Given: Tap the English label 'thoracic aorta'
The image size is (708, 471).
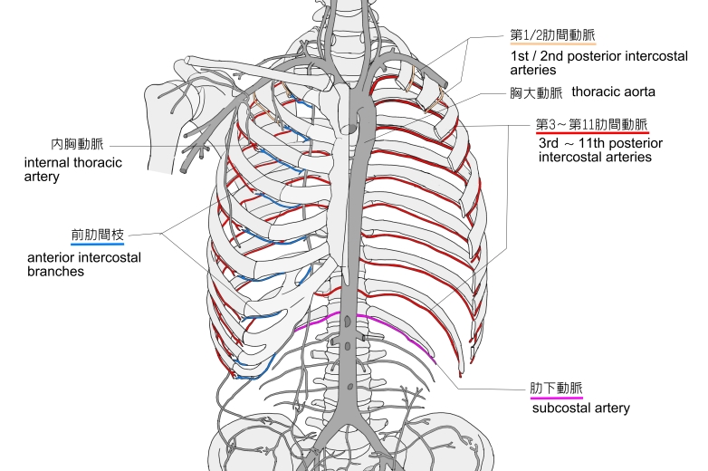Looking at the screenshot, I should tap(611, 92).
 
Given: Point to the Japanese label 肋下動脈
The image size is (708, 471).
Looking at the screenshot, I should tap(556, 388).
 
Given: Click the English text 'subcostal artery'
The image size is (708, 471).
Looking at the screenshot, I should tap(580, 409).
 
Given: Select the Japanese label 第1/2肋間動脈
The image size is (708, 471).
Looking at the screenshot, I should tap(552, 35).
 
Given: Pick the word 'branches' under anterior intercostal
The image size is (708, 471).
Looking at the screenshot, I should tap(57, 271).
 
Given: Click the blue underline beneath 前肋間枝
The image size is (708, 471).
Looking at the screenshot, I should tap(96, 243).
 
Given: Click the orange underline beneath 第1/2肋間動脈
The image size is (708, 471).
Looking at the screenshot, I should tap(552, 44).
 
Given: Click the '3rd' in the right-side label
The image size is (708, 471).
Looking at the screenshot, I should tap(551, 143).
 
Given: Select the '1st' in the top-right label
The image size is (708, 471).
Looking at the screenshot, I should tap(521, 56).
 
